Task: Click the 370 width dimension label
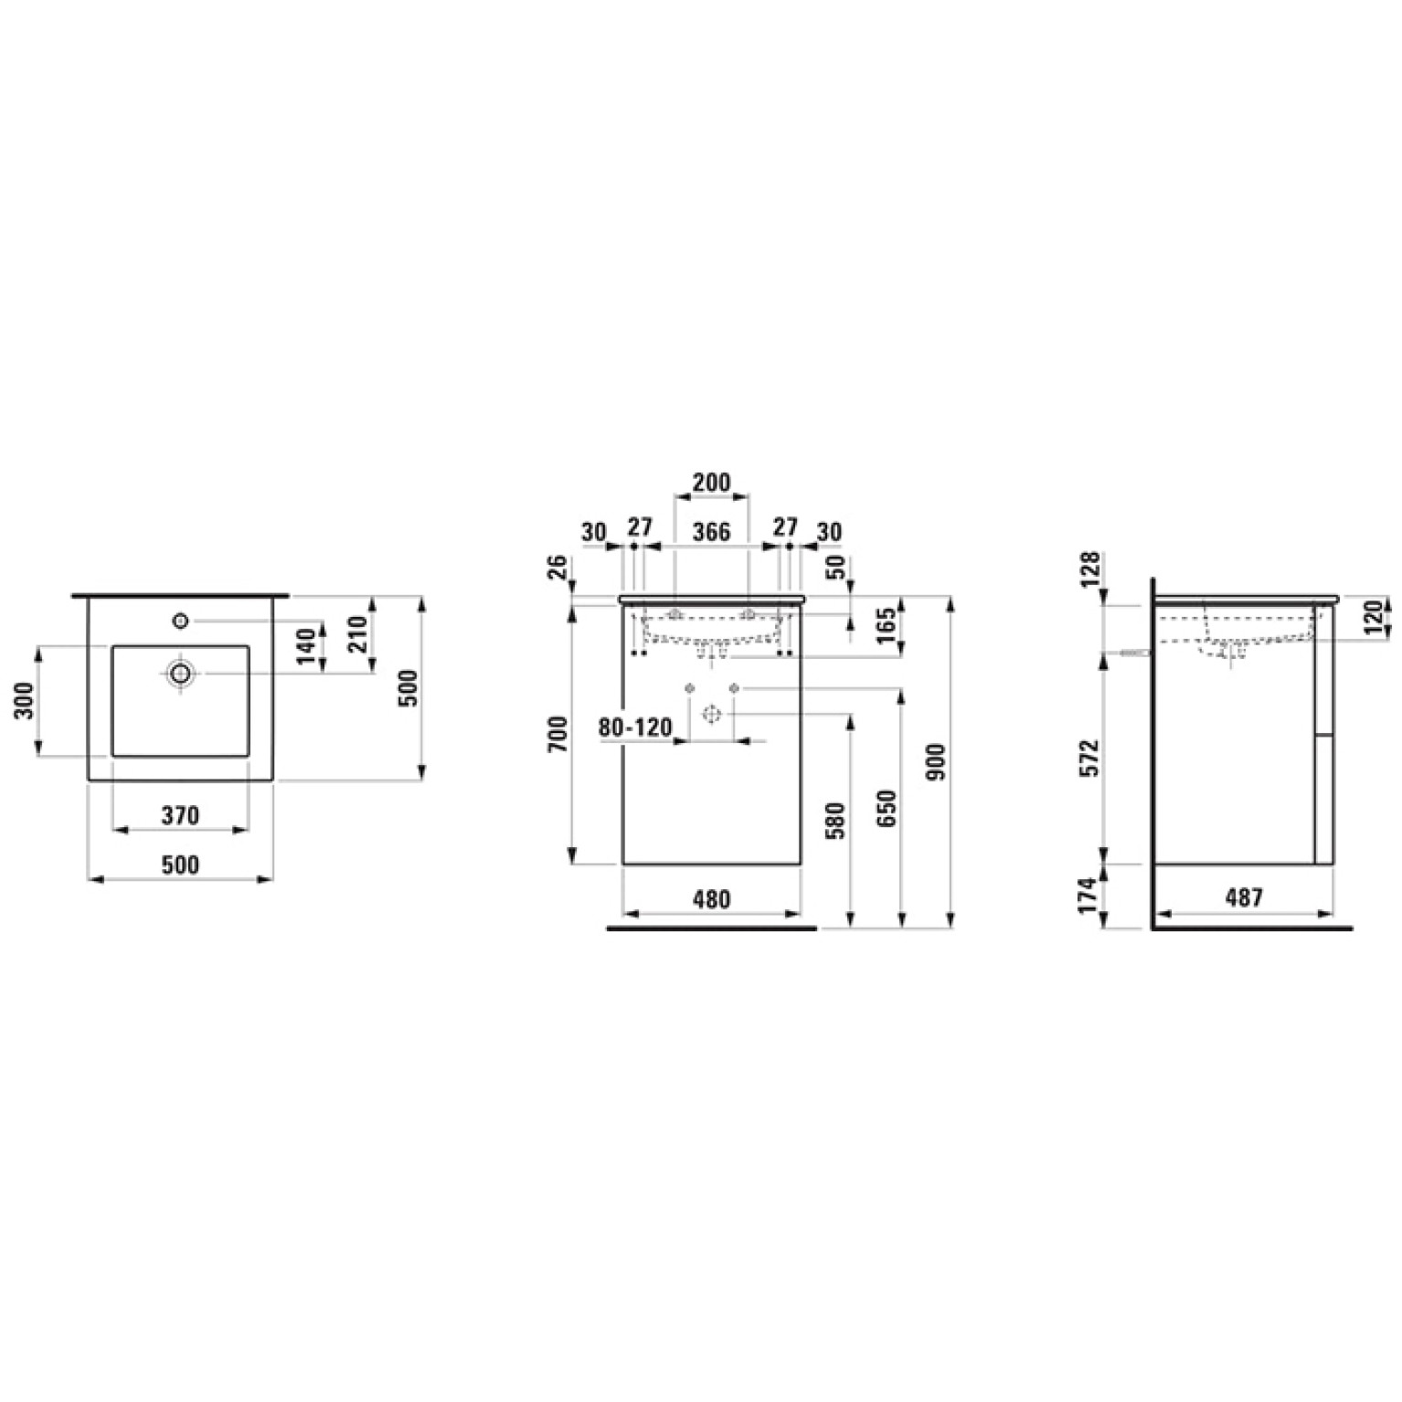(180, 814)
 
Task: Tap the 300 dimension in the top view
(27, 701)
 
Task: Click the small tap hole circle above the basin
(180, 621)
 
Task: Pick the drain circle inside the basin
(181, 674)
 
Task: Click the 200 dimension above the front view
(711, 482)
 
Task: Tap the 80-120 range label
(635, 728)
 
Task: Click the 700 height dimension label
(558, 735)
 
